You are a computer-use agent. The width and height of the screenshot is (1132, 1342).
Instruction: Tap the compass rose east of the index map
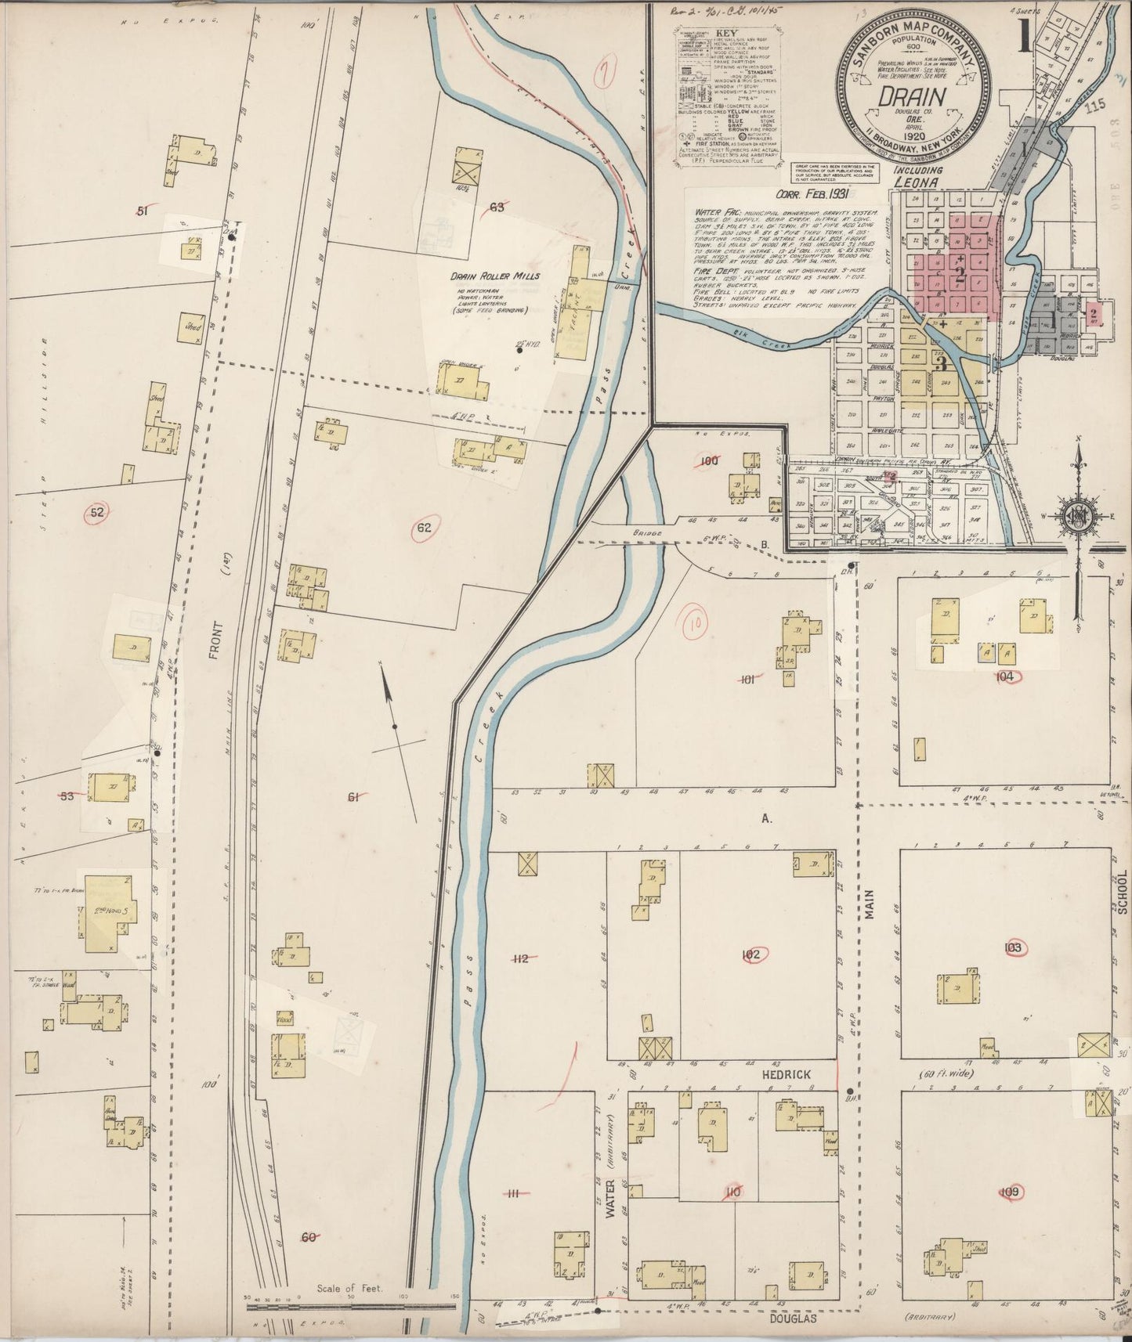[x=1078, y=515]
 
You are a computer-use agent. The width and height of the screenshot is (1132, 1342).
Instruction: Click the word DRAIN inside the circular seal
[x=913, y=96]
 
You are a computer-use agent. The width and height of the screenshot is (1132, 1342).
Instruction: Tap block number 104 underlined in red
[x=1006, y=676]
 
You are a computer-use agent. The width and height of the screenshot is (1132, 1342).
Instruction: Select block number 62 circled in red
[x=424, y=528]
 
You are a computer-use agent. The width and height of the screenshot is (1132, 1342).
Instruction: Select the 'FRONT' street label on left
[x=217, y=640]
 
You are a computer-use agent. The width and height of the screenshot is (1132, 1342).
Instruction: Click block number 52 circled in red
[x=97, y=513]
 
